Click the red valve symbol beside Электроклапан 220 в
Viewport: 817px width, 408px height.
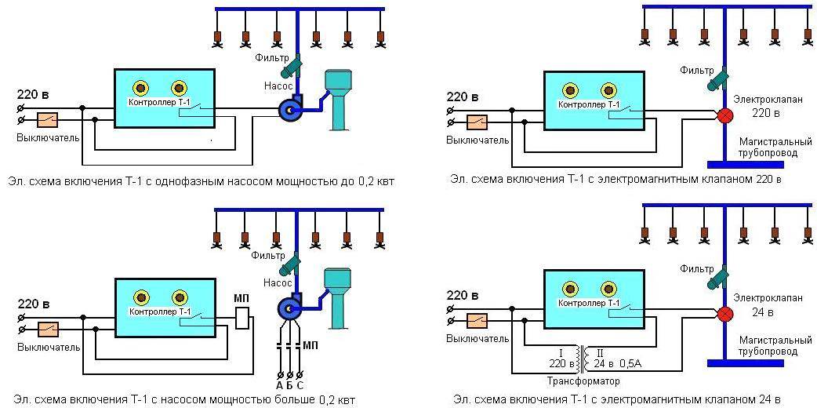point(725,115)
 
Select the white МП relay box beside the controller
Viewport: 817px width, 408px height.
point(242,318)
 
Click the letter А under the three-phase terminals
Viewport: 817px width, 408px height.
point(278,384)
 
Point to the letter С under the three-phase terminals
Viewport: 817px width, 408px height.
point(300,384)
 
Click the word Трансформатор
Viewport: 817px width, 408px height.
point(583,381)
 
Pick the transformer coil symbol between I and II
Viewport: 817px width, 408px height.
point(582,357)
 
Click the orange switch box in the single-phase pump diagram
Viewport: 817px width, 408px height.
point(47,120)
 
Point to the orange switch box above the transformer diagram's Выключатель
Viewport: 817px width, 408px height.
point(476,320)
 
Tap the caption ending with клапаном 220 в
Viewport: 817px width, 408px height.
point(615,180)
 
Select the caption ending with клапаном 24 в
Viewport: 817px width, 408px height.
point(615,399)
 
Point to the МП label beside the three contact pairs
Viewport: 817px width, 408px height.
point(312,345)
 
